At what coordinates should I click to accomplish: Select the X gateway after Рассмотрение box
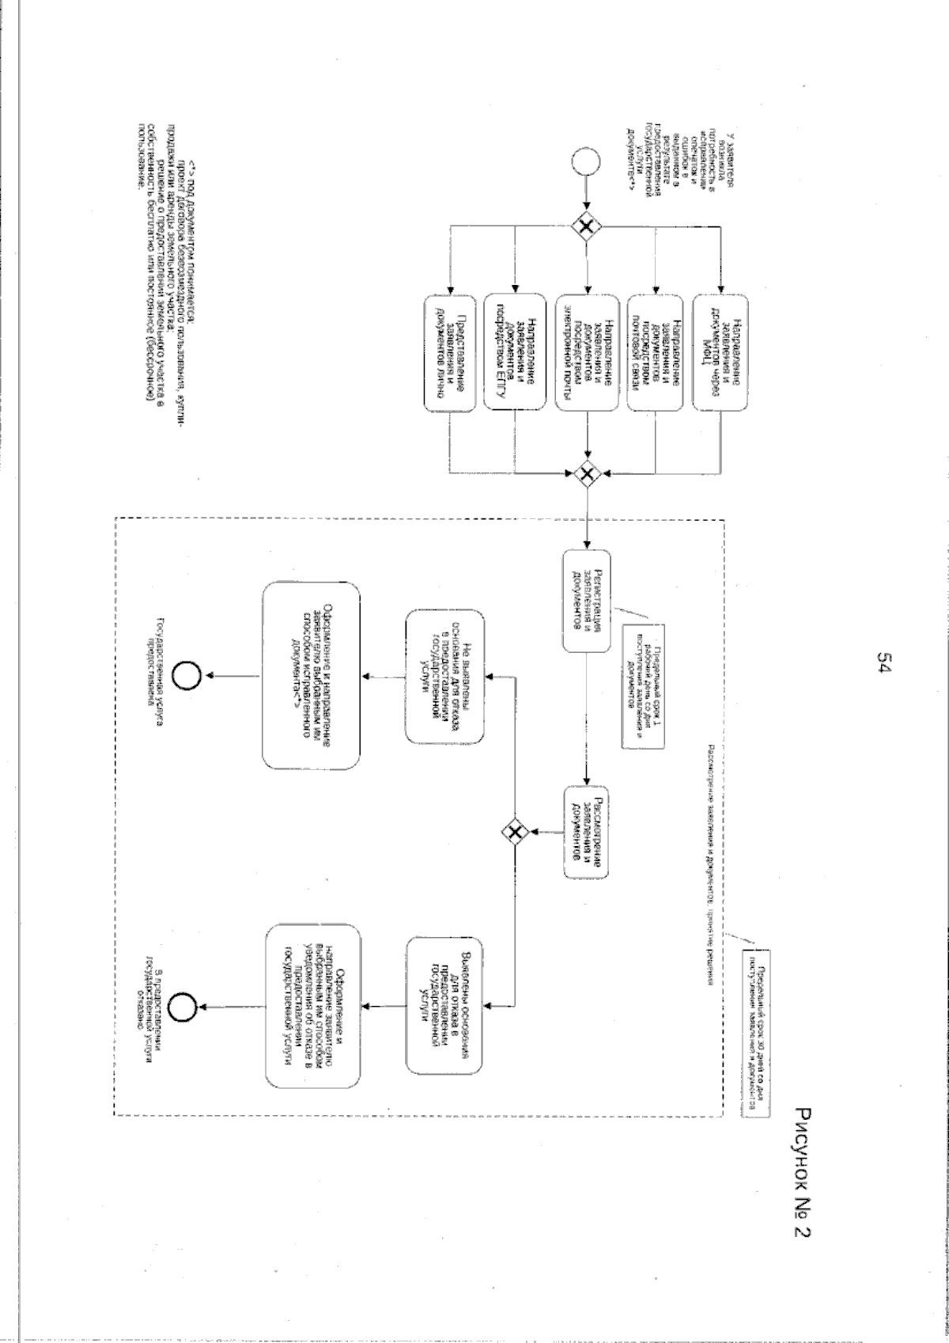tap(515, 830)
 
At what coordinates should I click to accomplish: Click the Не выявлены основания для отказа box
tap(444, 676)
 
